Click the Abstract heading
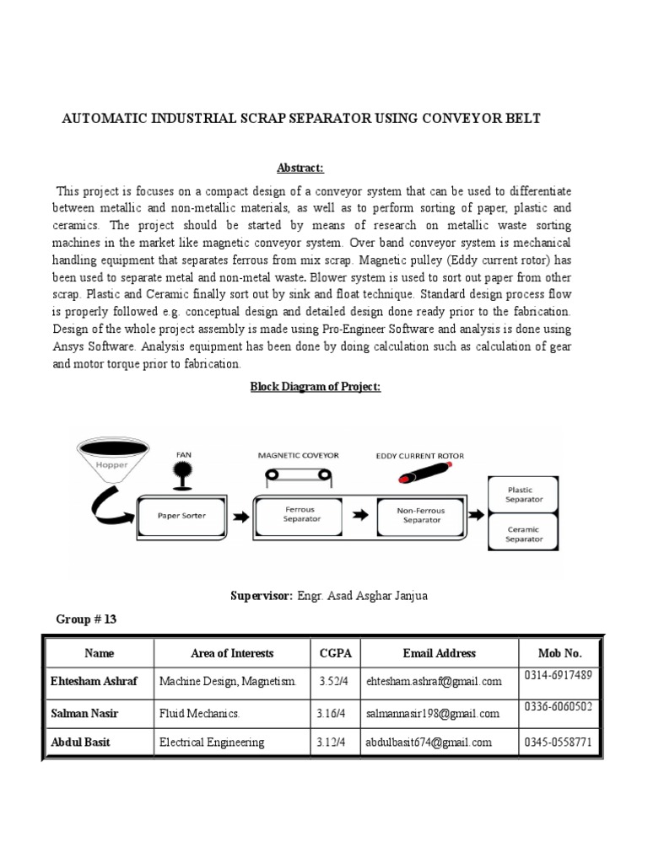pos(301,168)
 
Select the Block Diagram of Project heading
pos(315,386)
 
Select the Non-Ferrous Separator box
pos(422,514)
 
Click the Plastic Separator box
pos(525,494)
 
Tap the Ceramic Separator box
pos(525,534)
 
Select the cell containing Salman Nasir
pos(84,714)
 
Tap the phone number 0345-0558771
pos(559,742)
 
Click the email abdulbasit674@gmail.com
pos(429,742)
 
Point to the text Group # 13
pos(86,619)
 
